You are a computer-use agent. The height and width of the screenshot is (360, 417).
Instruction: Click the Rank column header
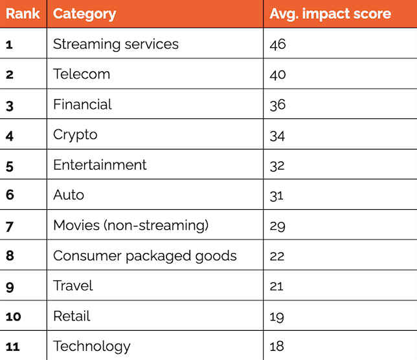point(23,14)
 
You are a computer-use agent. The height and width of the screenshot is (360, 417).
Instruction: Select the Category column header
point(84,14)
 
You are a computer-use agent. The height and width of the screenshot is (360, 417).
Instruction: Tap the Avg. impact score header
point(330,14)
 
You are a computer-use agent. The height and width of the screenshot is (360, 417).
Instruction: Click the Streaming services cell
point(116,44)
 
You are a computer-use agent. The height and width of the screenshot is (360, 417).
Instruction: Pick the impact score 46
point(278,45)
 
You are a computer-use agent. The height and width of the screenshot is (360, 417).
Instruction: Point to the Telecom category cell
point(82,74)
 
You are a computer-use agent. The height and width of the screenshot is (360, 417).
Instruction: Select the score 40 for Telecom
point(278,74)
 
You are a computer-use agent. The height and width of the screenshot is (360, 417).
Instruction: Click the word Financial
point(82,104)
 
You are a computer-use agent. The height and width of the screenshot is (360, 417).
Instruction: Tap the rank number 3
point(10,106)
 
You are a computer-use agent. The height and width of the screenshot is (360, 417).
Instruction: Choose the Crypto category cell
point(75,135)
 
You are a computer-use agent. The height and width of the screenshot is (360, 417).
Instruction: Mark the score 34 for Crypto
point(277,136)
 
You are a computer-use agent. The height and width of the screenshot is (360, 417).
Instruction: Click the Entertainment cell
point(100,165)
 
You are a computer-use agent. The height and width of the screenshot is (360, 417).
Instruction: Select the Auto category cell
point(69,195)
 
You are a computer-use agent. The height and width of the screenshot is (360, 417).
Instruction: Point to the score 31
point(276,196)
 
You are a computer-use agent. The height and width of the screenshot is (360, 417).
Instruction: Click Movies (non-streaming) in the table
point(131,226)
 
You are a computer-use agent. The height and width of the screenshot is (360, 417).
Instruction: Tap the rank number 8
point(10,256)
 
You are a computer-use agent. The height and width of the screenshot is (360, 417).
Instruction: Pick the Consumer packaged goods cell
point(144,256)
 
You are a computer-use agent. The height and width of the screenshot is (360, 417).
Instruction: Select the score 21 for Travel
point(276,286)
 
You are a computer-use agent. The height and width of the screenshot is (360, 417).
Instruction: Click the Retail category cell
point(71,316)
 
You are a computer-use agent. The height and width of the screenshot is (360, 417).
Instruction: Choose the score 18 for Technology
point(276,346)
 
